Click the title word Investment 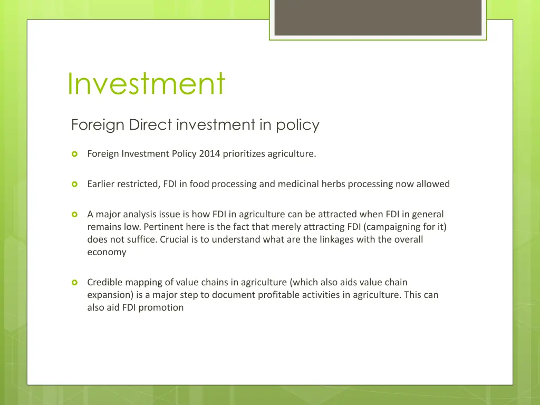pyautogui.click(x=146, y=83)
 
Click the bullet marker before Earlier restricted pyautogui.click(x=75, y=184)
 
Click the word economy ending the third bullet pyautogui.click(x=107, y=252)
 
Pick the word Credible pyautogui.click(x=104, y=282)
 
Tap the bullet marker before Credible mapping pyautogui.click(x=75, y=283)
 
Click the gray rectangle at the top pyautogui.click(x=378, y=17)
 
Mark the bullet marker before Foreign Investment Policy pyautogui.click(x=75, y=154)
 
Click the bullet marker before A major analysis pyautogui.click(x=75, y=214)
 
